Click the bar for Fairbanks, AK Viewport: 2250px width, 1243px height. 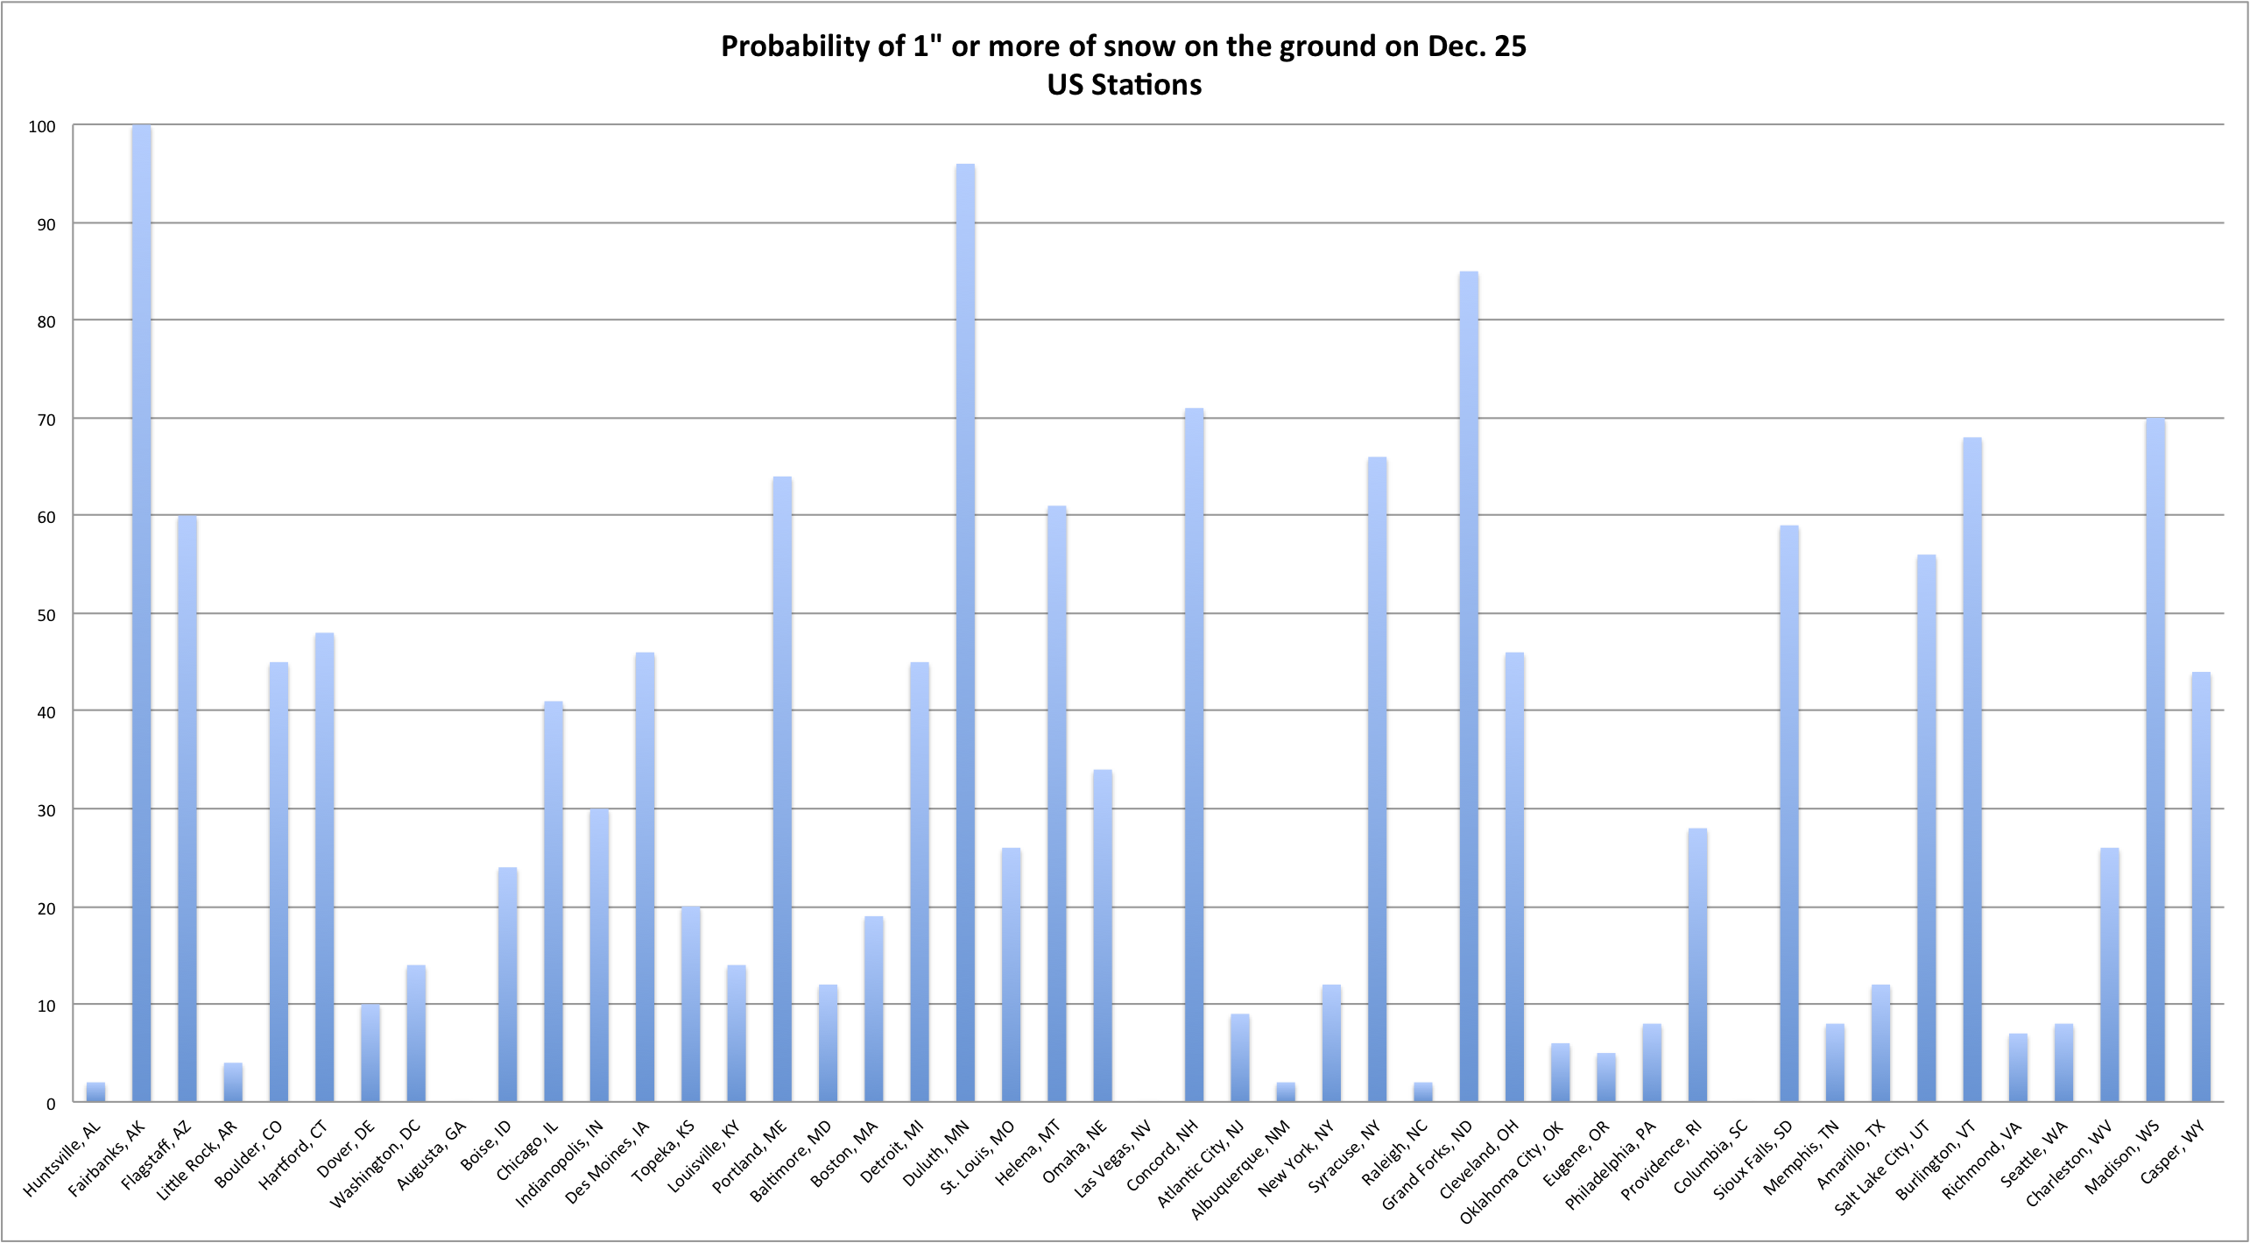pyautogui.click(x=141, y=613)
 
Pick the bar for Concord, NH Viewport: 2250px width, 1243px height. pyautogui.click(x=1194, y=754)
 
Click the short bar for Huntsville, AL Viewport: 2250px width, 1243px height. pyautogui.click(x=95, y=1091)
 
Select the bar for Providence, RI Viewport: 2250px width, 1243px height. pyautogui.click(x=1696, y=964)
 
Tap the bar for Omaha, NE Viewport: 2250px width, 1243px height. pyautogui.click(x=1102, y=935)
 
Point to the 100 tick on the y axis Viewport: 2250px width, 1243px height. pyautogui.click(x=42, y=127)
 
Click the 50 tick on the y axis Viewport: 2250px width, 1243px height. pyautogui.click(x=46, y=615)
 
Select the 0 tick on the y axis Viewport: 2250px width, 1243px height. pyautogui.click(x=51, y=1103)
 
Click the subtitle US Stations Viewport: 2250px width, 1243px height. pyautogui.click(x=1124, y=85)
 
